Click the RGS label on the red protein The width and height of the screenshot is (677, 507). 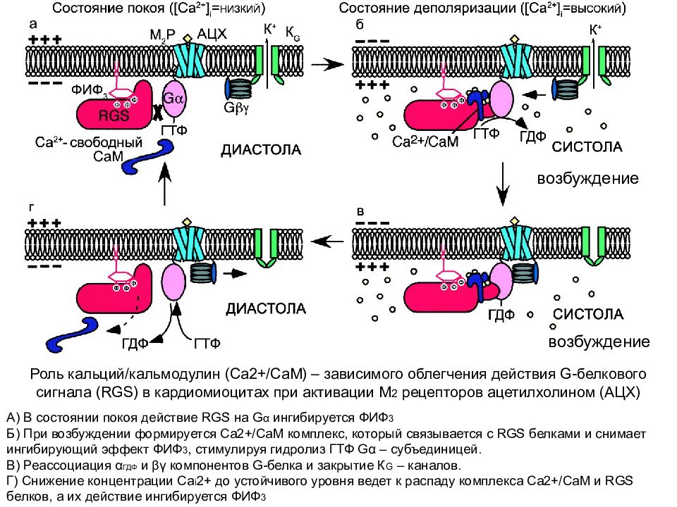[114, 115]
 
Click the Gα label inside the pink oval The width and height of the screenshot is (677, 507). [173, 99]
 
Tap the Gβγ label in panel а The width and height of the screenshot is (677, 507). [236, 107]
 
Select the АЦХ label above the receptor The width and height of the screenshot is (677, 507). [212, 34]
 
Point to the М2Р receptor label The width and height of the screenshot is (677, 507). [162, 35]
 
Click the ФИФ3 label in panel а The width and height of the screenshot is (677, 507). [87, 90]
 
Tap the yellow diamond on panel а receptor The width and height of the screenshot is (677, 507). [188, 38]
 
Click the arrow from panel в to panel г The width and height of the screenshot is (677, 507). [327, 242]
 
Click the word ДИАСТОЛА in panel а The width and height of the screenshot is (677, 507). [261, 150]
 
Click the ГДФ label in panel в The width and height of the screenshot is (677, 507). [501, 315]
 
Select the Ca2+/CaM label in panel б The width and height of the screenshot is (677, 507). [425, 142]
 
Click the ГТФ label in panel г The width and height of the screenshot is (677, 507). [207, 343]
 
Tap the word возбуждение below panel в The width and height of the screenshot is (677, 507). [599, 342]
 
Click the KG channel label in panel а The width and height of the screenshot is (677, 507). [292, 34]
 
